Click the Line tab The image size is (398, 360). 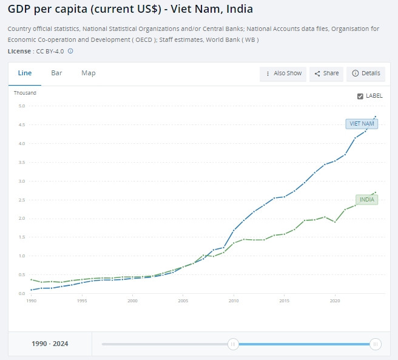pyautogui.click(x=25, y=73)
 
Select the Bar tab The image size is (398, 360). pyautogui.click(x=56, y=73)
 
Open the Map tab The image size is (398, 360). pyautogui.click(x=89, y=73)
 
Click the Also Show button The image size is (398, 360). pyautogui.click(x=283, y=73)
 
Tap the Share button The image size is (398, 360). pyautogui.click(x=326, y=73)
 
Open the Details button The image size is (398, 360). pyautogui.click(x=366, y=73)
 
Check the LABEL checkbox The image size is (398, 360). pyautogui.click(x=360, y=96)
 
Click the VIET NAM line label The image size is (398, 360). pyautogui.click(x=362, y=124)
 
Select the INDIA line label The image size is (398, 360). pyautogui.click(x=366, y=199)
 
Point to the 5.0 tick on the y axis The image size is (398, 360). pyautogui.click(x=21, y=106)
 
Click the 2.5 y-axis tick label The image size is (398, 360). pyautogui.click(x=21, y=200)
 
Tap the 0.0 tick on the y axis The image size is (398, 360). pyautogui.click(x=21, y=294)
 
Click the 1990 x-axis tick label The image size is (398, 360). pyautogui.click(x=32, y=301)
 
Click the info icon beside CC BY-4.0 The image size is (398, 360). pyautogui.click(x=70, y=51)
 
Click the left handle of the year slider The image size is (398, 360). pyautogui.click(x=233, y=344)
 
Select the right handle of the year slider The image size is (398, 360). pyautogui.click(x=376, y=344)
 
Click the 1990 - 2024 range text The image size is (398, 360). pyautogui.click(x=50, y=344)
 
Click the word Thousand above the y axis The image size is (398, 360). pyautogui.click(x=25, y=93)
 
